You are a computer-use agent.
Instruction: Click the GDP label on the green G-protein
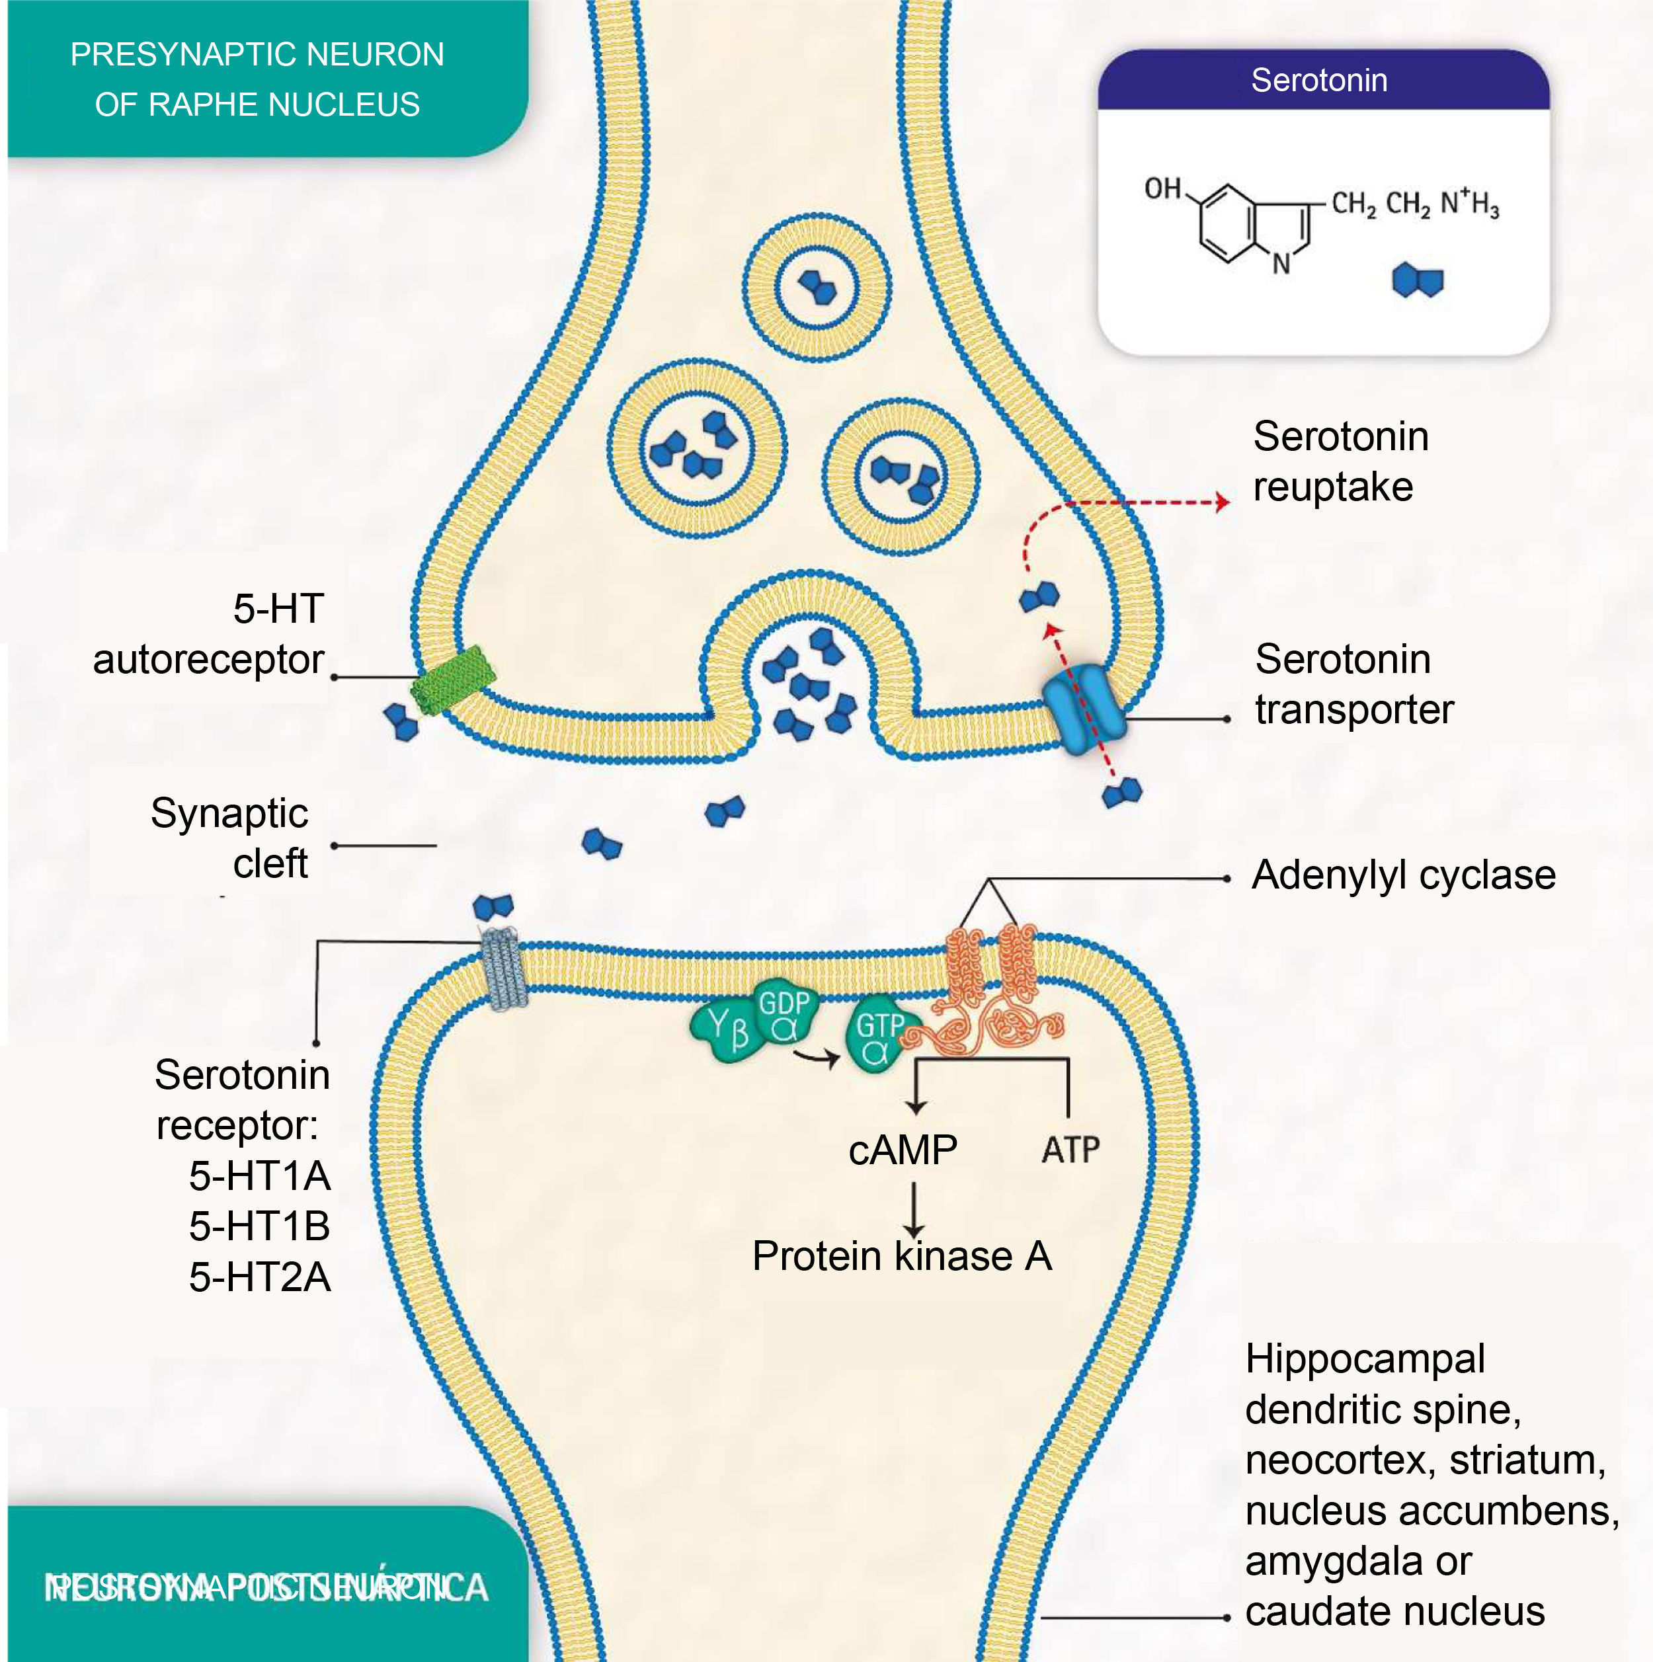[783, 1003]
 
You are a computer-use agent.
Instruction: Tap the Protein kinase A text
[902, 1256]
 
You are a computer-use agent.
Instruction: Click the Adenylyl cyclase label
[1402, 875]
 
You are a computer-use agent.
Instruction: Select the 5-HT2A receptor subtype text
[260, 1277]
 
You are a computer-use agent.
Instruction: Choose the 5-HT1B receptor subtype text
[260, 1226]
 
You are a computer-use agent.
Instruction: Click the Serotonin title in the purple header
[1318, 80]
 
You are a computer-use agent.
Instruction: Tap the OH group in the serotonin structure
[1162, 188]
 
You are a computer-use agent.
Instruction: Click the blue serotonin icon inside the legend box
[1417, 280]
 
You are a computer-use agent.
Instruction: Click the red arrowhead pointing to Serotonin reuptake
[1223, 502]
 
